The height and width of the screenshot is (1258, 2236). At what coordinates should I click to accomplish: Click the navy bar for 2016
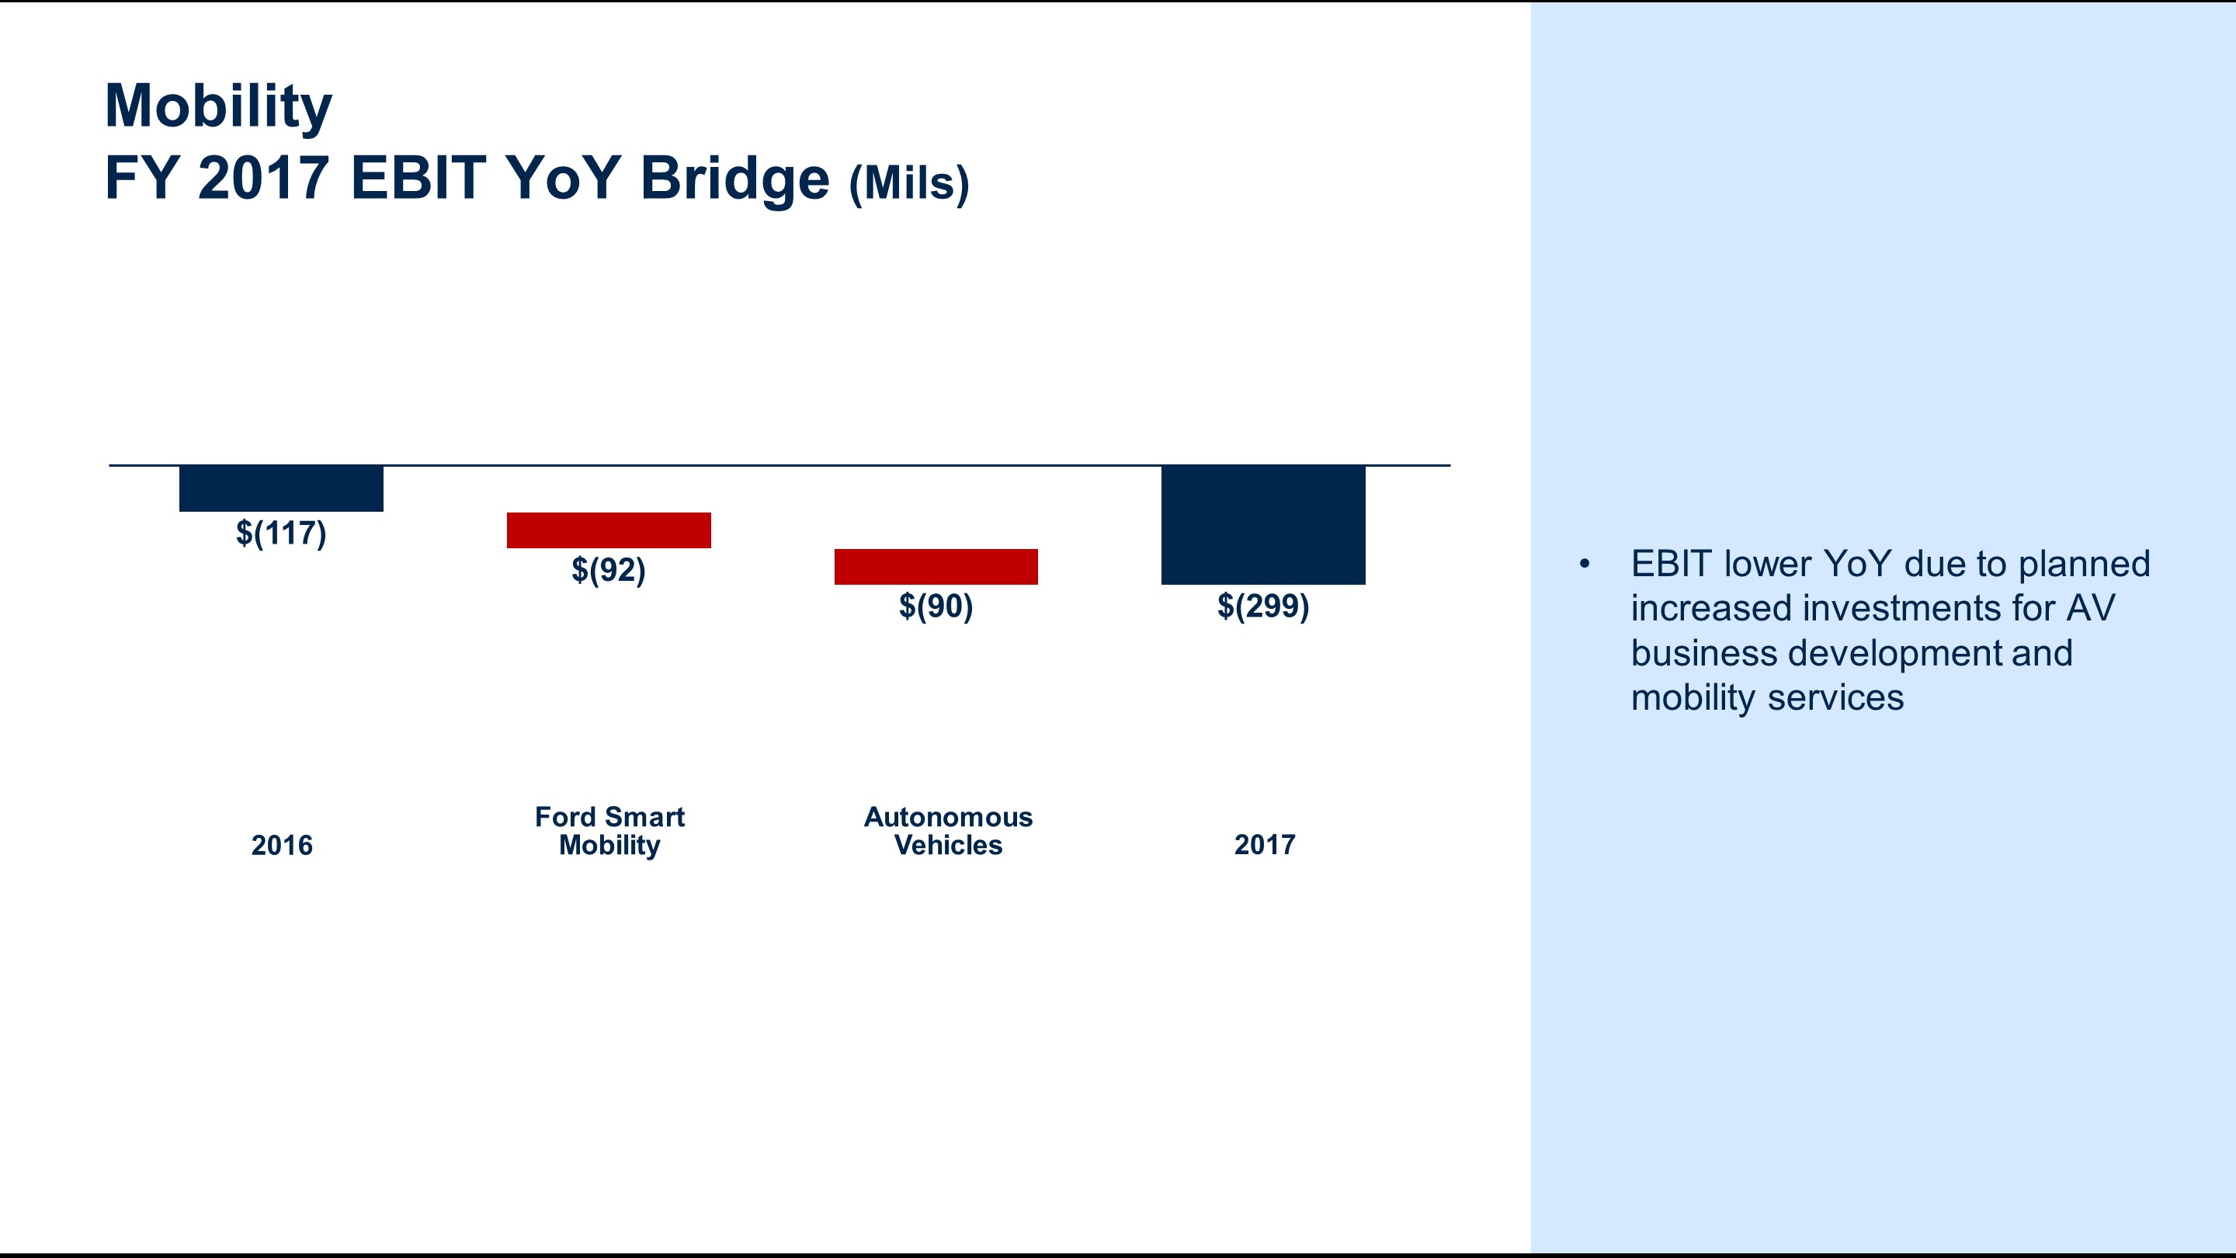[x=280, y=488]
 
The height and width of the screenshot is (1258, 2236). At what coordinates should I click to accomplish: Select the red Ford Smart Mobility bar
[x=609, y=530]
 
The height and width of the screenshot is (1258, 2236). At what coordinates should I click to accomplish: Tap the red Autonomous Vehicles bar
[x=936, y=566]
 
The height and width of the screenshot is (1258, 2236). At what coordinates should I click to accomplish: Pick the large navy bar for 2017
[x=1263, y=524]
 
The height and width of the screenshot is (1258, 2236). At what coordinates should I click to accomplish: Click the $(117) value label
[x=280, y=533]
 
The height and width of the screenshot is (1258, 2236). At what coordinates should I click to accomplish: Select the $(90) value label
[x=936, y=606]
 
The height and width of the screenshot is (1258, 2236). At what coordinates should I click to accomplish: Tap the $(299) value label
[x=1263, y=606]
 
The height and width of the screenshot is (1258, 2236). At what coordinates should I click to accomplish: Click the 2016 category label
[x=281, y=845]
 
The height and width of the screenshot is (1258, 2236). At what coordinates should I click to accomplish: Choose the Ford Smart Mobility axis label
[x=609, y=831]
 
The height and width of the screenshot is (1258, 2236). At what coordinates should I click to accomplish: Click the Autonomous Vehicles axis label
[x=948, y=831]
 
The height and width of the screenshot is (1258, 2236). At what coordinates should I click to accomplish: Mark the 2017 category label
[x=1264, y=845]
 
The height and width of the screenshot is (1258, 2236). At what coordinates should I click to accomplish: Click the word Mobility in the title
[x=218, y=106]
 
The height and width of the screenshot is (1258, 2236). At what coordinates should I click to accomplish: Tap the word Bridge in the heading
[x=734, y=178]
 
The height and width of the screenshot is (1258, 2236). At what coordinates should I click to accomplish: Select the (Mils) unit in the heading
[x=909, y=183]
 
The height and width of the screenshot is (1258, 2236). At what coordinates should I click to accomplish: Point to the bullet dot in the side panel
[x=1584, y=565]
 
